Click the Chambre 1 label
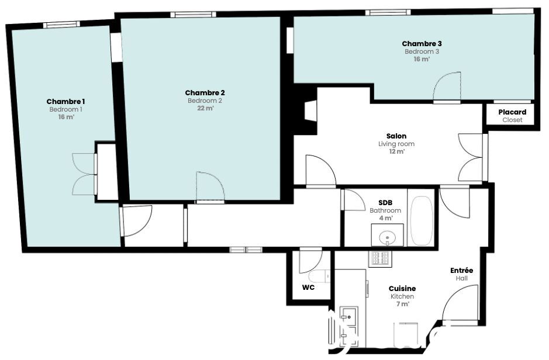coord(66,102)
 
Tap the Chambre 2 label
coord(205,93)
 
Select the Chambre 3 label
coord(422,44)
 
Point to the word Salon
coord(396,136)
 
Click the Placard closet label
coord(512,112)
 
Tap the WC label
coord(308,288)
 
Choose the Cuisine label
coord(402,289)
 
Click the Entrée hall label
coord(461,271)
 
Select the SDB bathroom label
coord(385,203)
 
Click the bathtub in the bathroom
coord(421,221)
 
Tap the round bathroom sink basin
coord(387,237)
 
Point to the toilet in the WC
coord(320,276)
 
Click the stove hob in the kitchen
coord(380,258)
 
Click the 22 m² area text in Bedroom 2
coord(205,108)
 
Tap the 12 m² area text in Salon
coord(396,151)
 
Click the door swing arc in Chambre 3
coord(442,80)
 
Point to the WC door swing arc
coord(316,265)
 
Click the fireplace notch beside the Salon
coord(310,111)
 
